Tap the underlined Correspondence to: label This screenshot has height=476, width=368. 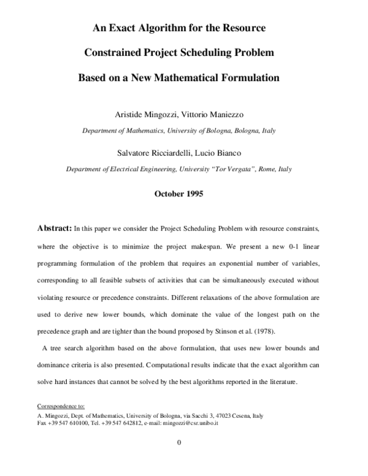point(61,406)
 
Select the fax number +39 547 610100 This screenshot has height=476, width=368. point(69,423)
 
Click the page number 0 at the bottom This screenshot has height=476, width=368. point(178,443)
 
